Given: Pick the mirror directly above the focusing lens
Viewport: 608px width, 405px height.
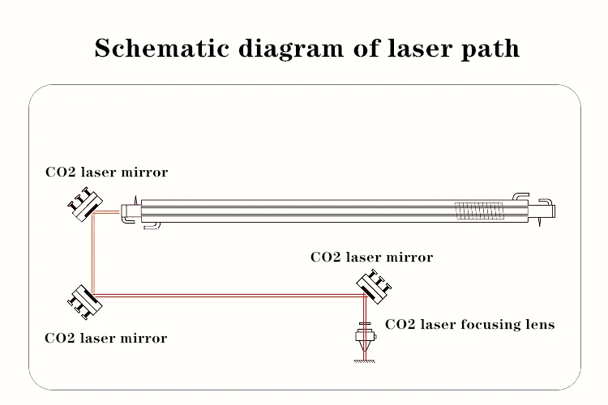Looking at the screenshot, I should click(x=374, y=284).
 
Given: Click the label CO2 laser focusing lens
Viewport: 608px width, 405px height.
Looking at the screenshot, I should click(x=469, y=325).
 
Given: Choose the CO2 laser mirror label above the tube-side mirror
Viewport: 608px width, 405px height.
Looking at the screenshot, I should click(x=106, y=172).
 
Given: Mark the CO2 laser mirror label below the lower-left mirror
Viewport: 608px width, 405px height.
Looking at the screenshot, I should click(x=106, y=338).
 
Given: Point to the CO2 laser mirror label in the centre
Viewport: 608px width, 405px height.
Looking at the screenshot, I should click(x=371, y=258).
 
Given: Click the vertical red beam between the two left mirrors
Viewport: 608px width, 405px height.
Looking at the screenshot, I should click(x=94, y=251).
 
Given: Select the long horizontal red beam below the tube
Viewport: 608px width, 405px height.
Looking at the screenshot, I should click(x=227, y=296).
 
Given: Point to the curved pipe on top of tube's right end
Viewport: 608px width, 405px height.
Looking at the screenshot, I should click(x=521, y=196).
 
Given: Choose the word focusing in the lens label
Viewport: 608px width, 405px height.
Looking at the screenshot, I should click(x=490, y=325).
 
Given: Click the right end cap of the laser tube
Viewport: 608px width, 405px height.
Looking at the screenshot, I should click(x=549, y=211).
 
